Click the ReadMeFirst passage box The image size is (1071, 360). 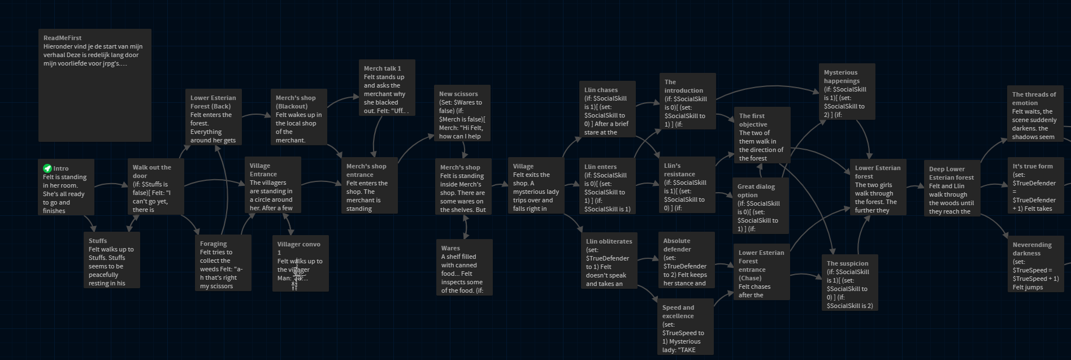94,85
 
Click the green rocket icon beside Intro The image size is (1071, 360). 47,168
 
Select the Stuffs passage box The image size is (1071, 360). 111,260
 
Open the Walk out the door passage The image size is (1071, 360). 155,186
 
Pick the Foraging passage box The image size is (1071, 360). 223,263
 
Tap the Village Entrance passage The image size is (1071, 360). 272,185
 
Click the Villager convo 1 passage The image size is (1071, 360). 300,263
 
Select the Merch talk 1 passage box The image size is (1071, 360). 387,88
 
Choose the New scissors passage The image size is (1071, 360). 462,114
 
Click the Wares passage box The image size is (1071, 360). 464,267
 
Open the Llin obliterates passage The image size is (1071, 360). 609,261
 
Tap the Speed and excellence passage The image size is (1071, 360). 685,328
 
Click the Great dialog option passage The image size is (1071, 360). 760,206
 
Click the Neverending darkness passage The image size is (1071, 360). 1035,264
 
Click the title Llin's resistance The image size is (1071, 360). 679,170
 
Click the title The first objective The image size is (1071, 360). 752,120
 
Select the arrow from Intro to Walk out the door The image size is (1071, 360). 111,184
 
